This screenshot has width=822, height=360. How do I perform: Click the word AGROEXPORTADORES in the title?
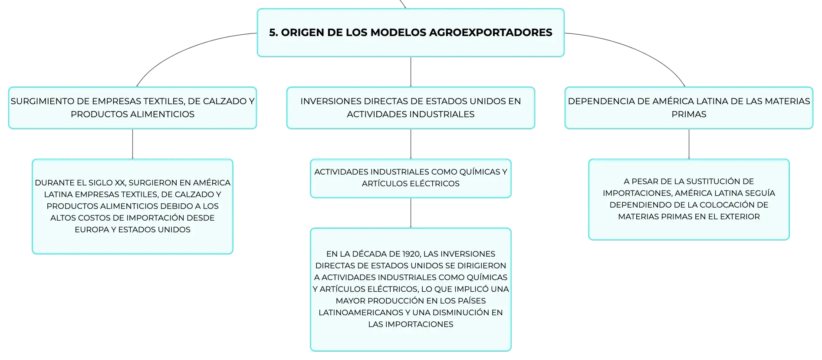click(490, 33)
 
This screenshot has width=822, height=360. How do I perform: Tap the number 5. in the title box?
click(273, 33)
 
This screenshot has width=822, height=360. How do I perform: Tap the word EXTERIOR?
click(740, 217)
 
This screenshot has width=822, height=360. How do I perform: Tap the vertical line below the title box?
click(411, 72)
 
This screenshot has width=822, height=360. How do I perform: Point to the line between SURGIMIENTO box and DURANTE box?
click(132, 144)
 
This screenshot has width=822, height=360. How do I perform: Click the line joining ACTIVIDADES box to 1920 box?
click(411, 213)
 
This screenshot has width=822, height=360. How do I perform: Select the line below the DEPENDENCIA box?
click(689, 144)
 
